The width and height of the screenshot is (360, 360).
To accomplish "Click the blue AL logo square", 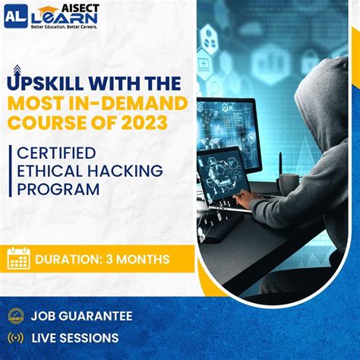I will pos(15,16).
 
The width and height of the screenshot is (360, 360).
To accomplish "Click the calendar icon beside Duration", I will pos(17,259).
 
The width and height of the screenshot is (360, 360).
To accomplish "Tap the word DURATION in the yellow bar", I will pos(68,260).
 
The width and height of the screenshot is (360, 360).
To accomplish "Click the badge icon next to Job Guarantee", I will pos(14,316).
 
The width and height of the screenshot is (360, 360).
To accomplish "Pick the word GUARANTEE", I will pos(97,316).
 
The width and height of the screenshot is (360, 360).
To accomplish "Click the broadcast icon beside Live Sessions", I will pos(14,337).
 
